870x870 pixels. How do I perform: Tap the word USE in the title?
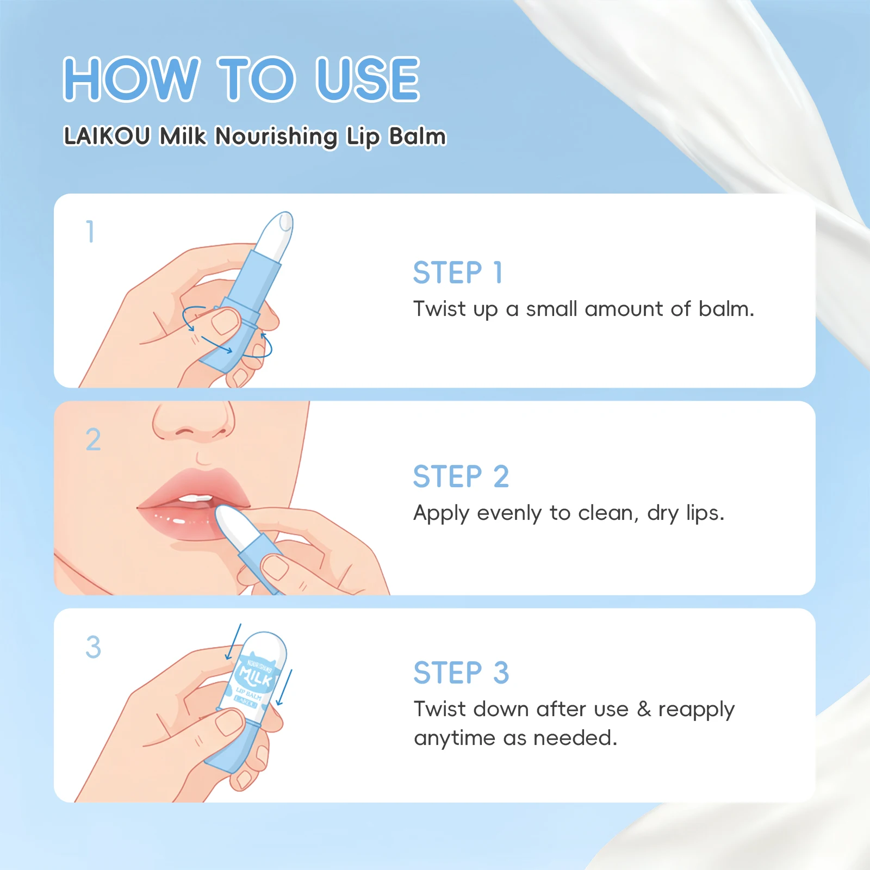point(368,79)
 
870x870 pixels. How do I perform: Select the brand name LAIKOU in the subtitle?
point(107,136)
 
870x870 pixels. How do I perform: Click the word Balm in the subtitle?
point(418,136)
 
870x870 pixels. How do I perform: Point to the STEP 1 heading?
point(458,272)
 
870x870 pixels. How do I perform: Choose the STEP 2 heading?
point(461,477)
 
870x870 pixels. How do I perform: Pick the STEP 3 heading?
point(461,673)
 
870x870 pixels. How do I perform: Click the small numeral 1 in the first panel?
point(91,231)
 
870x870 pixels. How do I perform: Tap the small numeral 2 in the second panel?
point(93,439)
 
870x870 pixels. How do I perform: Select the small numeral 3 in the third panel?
point(93,647)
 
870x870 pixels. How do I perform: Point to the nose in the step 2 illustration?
point(193,421)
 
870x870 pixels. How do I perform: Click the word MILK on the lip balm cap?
point(256,677)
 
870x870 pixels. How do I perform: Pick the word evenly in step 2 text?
point(509,514)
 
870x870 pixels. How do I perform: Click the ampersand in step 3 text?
point(644,709)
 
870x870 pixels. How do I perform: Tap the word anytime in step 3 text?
point(455,739)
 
